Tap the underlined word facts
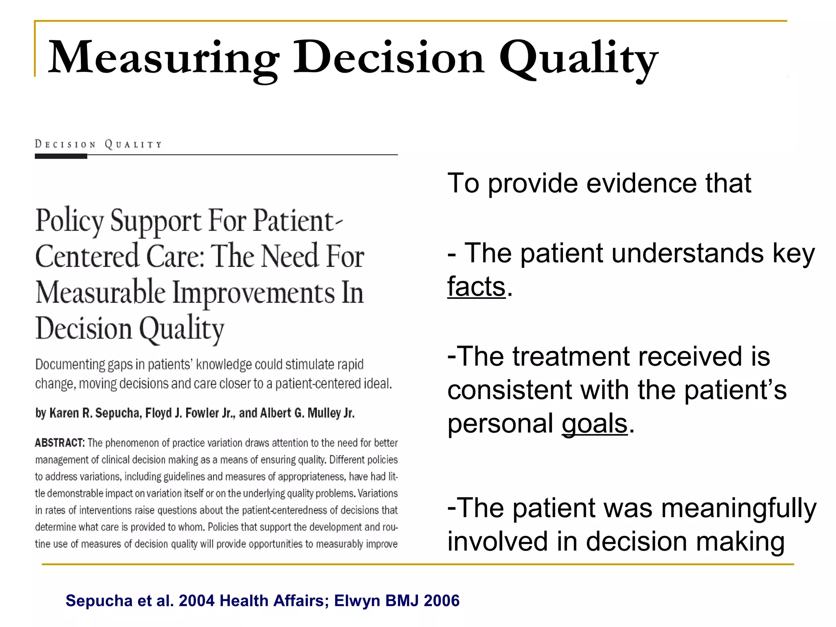[476, 287]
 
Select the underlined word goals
[594, 424]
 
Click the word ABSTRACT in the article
[60, 443]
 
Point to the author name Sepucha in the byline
[118, 413]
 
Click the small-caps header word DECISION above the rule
[65, 145]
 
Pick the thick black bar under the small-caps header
[61, 156]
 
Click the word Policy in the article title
[69, 221]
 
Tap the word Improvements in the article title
[253, 293]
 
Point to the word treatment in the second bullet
[571, 356]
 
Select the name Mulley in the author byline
[324, 413]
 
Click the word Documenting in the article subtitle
[70, 364]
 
